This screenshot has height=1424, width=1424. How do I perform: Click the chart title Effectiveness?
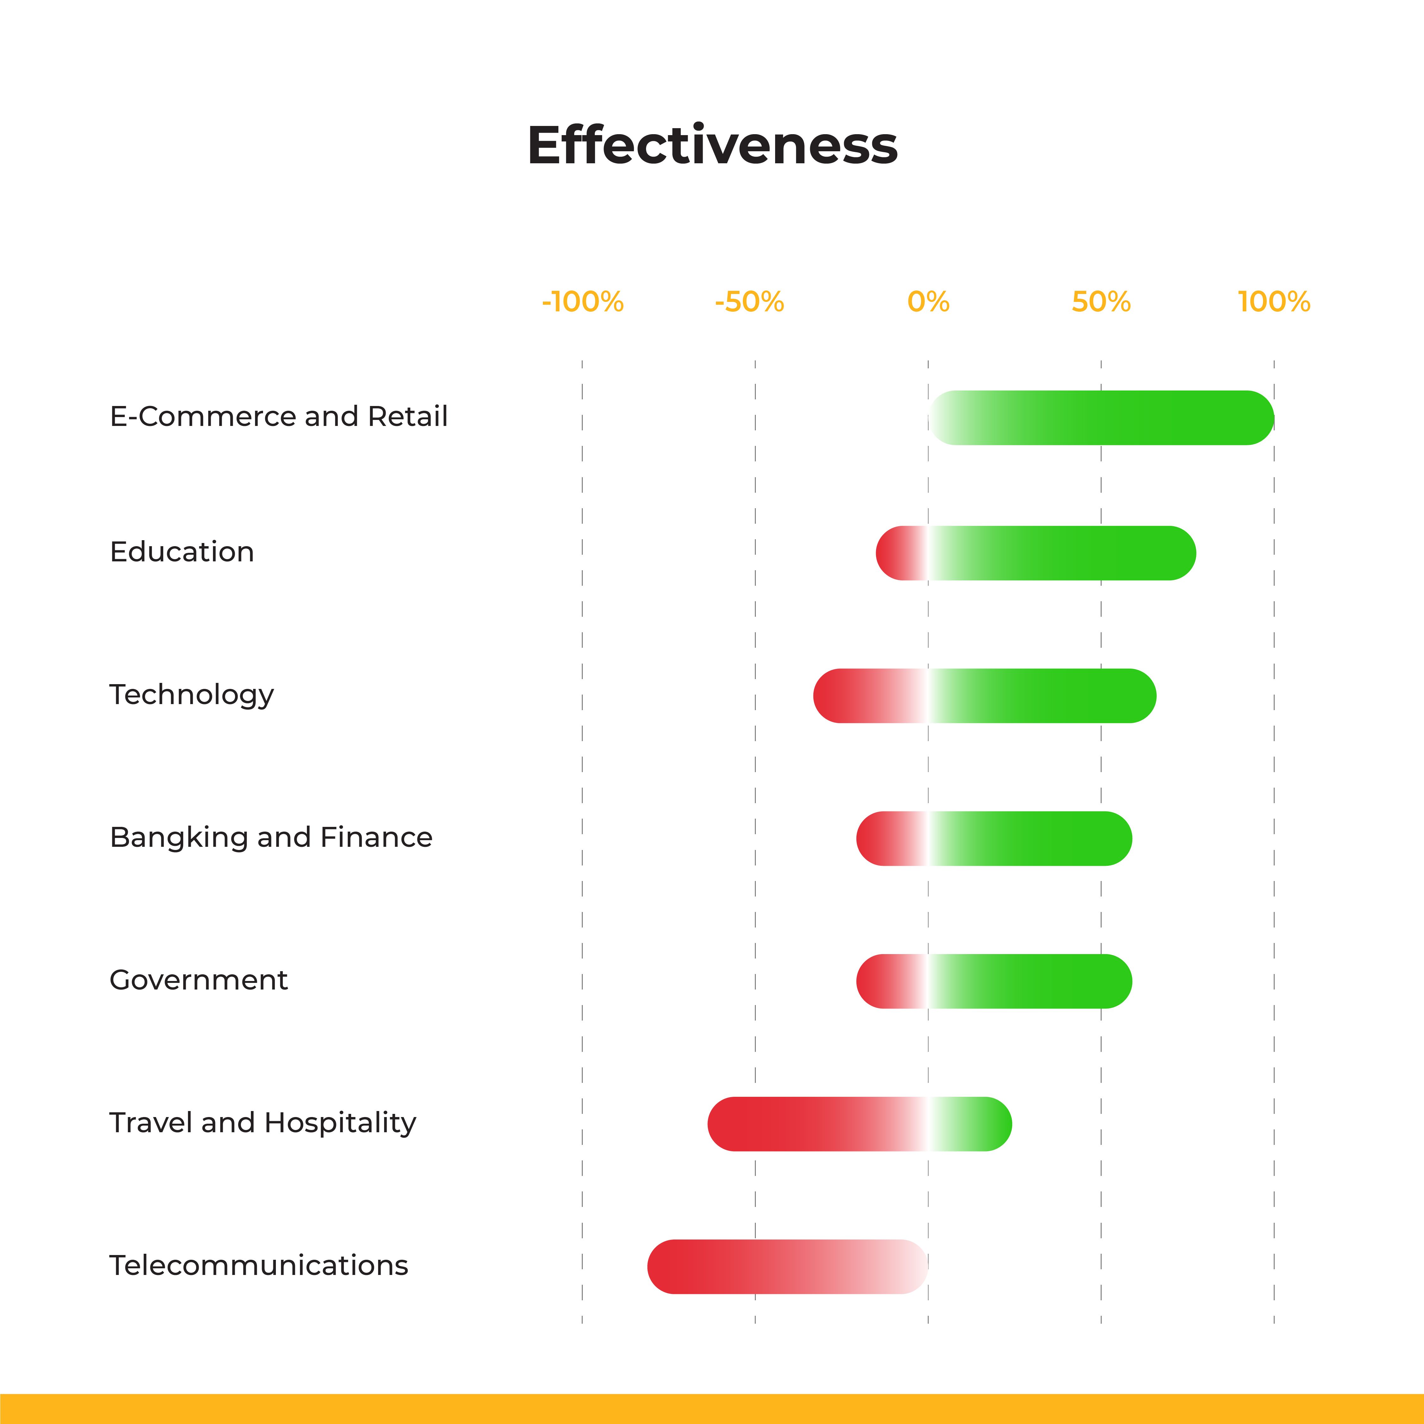tap(712, 145)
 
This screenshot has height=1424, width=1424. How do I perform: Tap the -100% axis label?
tap(582, 302)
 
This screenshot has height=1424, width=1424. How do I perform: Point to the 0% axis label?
tap(928, 302)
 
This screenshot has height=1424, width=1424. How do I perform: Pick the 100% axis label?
tap(1274, 302)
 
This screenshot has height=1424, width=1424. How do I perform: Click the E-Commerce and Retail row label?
tap(279, 416)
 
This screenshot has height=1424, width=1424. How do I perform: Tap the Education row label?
tap(182, 552)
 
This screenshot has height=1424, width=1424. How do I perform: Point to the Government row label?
tap(198, 980)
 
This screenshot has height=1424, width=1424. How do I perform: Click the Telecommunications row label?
tap(259, 1265)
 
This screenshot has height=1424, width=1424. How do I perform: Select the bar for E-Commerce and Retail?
tap(1101, 418)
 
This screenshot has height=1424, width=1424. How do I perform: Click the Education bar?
tap(1035, 553)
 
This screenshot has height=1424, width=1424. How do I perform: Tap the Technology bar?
tap(985, 696)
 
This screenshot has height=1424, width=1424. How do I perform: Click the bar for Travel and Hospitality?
tap(859, 1124)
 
